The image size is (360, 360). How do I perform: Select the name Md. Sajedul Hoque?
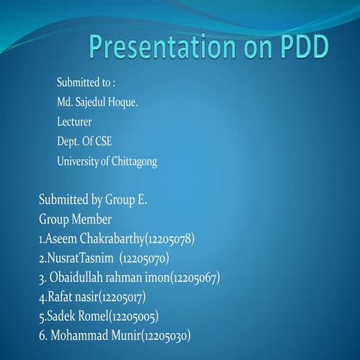(x=97, y=101)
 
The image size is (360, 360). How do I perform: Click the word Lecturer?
(x=74, y=121)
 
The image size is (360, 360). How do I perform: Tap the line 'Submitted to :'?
(x=85, y=82)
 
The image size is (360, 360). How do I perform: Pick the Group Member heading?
(x=75, y=220)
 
